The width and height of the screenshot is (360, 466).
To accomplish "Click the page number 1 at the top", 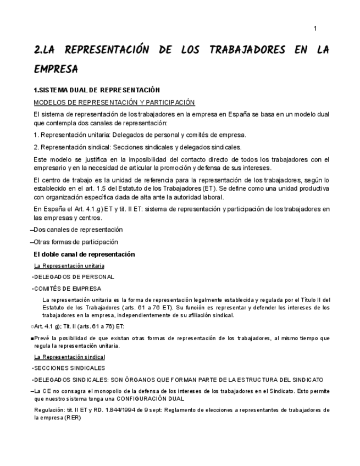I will [x=315, y=29].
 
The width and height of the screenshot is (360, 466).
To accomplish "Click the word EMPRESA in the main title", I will [x=56, y=69].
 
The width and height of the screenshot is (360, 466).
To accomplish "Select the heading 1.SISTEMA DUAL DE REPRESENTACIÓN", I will [x=96, y=90].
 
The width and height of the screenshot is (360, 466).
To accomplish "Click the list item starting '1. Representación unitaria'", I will [x=140, y=135].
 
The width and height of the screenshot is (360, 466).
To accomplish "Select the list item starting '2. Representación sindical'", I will [x=137, y=147].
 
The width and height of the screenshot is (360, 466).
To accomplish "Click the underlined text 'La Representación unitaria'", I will [x=69, y=266].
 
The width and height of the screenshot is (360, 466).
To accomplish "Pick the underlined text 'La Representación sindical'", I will [x=69, y=357].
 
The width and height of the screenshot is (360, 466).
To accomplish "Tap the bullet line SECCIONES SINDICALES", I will [x=69, y=368].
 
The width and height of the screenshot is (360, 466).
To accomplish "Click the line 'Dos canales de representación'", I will [x=78, y=230].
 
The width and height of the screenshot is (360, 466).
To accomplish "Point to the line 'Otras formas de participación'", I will [x=76, y=242].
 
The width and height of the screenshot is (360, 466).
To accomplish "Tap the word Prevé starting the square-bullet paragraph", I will [x=42, y=339].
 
